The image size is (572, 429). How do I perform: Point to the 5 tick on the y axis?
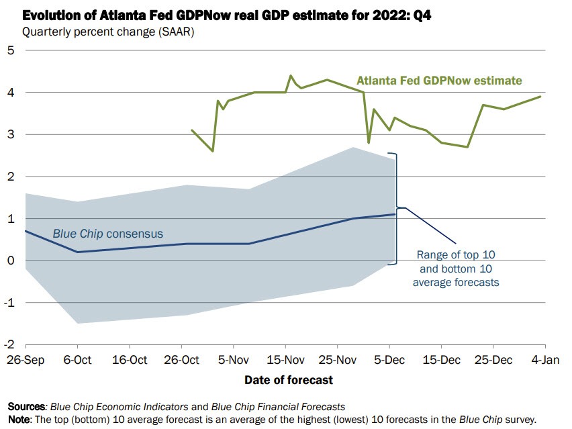click(11, 50)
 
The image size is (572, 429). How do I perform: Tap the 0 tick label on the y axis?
click(11, 260)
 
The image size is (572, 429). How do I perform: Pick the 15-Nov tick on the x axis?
click(286, 361)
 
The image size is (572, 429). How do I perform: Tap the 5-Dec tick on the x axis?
click(391, 361)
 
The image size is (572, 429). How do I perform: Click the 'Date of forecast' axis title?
click(288, 380)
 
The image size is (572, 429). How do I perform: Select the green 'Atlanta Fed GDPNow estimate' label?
click(439, 81)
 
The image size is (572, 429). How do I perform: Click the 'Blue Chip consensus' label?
click(107, 234)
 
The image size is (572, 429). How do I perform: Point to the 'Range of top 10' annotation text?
click(456, 254)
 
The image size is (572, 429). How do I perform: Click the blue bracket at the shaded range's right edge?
click(397, 208)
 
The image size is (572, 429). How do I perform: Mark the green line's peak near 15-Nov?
click(291, 76)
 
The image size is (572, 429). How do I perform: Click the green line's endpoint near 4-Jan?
click(540, 97)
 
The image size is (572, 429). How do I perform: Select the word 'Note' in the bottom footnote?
click(19, 419)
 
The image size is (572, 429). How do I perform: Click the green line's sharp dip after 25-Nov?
click(368, 142)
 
